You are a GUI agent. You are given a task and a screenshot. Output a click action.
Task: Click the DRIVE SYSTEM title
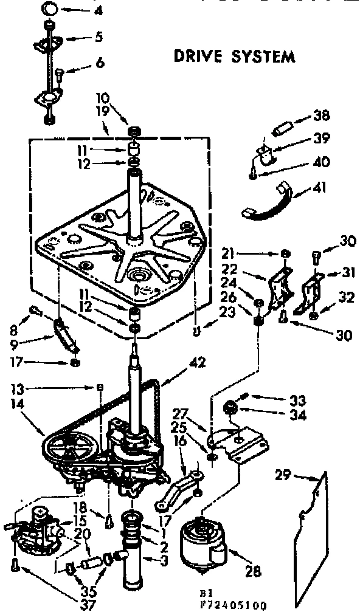(235, 57)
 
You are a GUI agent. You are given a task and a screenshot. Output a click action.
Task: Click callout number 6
(100, 63)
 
